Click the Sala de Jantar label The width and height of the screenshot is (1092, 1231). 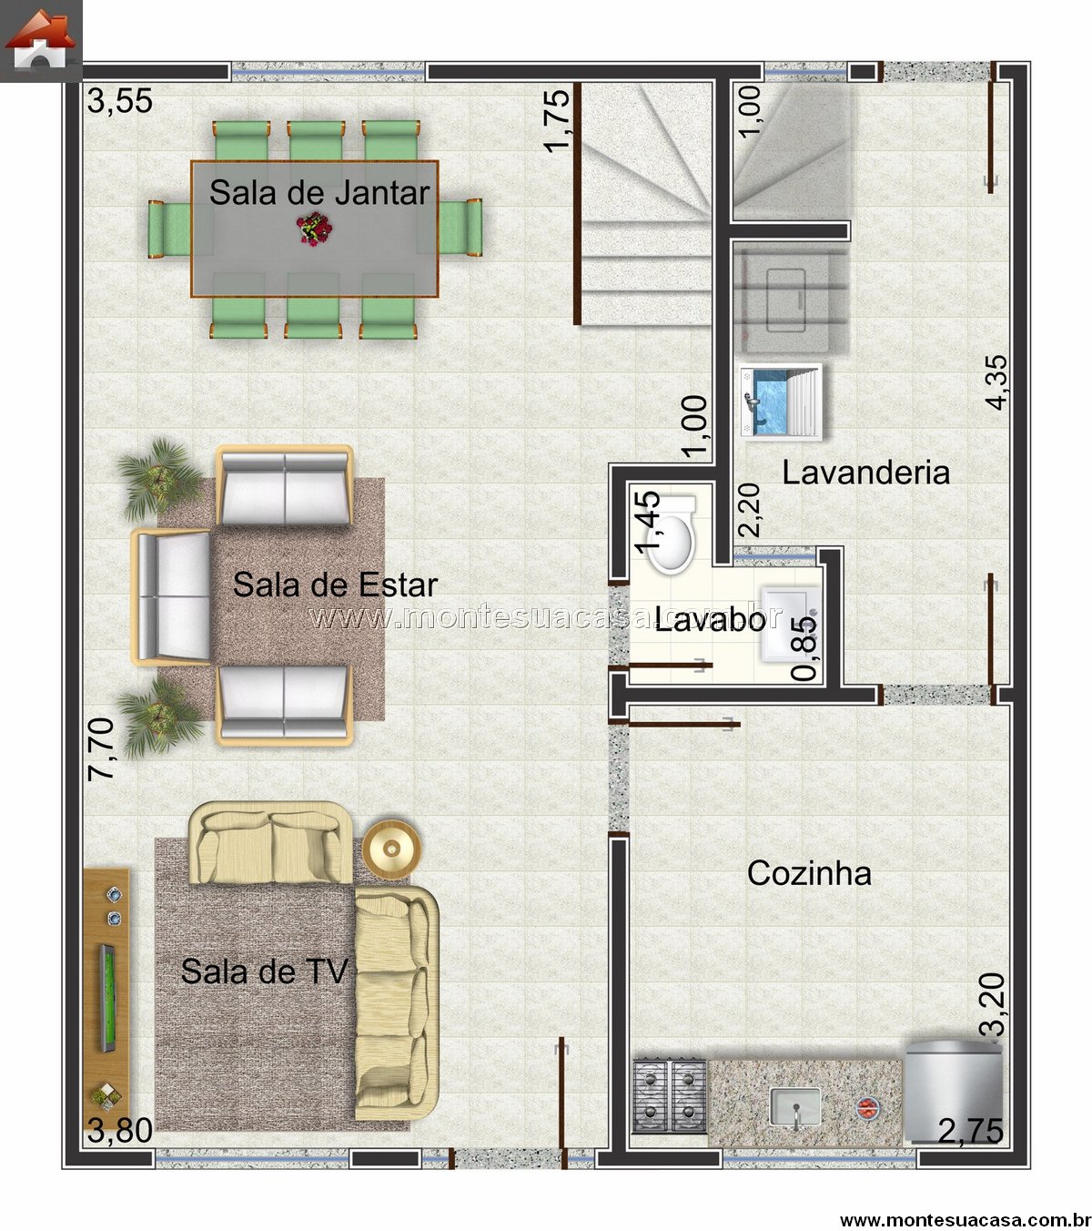click(319, 193)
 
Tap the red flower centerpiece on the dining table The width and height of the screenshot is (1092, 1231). click(314, 229)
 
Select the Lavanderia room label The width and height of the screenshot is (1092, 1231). click(865, 473)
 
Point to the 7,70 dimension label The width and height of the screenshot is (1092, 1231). click(101, 749)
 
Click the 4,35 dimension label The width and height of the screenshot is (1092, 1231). click(996, 382)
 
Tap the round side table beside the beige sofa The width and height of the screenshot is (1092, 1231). click(391, 849)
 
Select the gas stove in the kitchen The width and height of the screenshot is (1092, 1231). click(670, 1095)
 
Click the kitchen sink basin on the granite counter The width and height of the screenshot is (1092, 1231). click(795, 1106)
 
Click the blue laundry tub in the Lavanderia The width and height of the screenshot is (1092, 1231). click(781, 401)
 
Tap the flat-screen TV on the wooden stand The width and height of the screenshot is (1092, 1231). click(107, 998)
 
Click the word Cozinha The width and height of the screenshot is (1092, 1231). click(809, 873)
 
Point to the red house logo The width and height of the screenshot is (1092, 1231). click(40, 41)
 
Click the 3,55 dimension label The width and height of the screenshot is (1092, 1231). click(119, 101)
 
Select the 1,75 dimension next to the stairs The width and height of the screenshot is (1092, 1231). click(557, 119)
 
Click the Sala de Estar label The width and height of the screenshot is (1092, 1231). click(335, 585)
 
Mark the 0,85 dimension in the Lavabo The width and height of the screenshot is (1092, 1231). click(804, 648)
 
